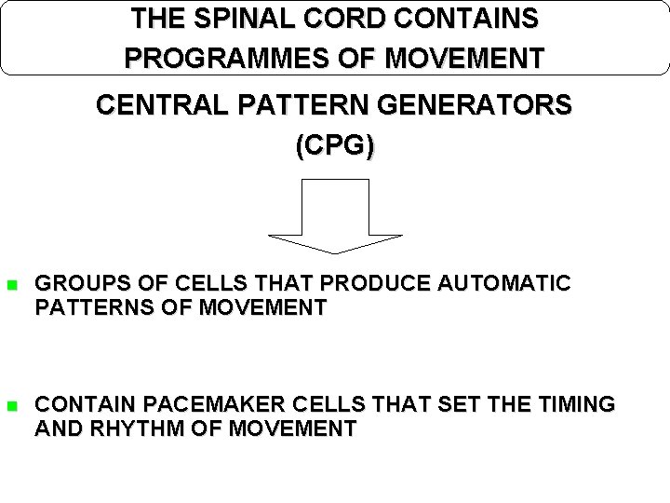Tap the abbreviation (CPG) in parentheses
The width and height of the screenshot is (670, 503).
[334, 146]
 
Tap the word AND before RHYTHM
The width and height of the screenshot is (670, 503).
[56, 428]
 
